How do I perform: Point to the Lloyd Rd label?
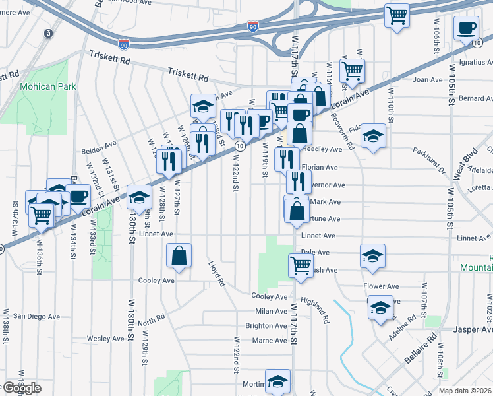pyautogui.click(x=217, y=274)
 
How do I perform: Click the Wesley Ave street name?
pyautogui.click(x=105, y=339)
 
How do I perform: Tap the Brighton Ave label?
pyautogui.click(x=266, y=326)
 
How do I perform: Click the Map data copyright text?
pyautogui.click(x=466, y=390)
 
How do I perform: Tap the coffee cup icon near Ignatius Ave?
pyautogui.click(x=466, y=28)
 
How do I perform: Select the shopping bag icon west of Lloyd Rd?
pyautogui.click(x=179, y=256)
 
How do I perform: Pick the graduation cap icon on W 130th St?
pyautogui.click(x=139, y=197)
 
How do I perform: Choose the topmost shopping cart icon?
pyautogui.click(x=397, y=15)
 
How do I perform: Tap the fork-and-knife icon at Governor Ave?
pyautogui.click(x=299, y=181)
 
